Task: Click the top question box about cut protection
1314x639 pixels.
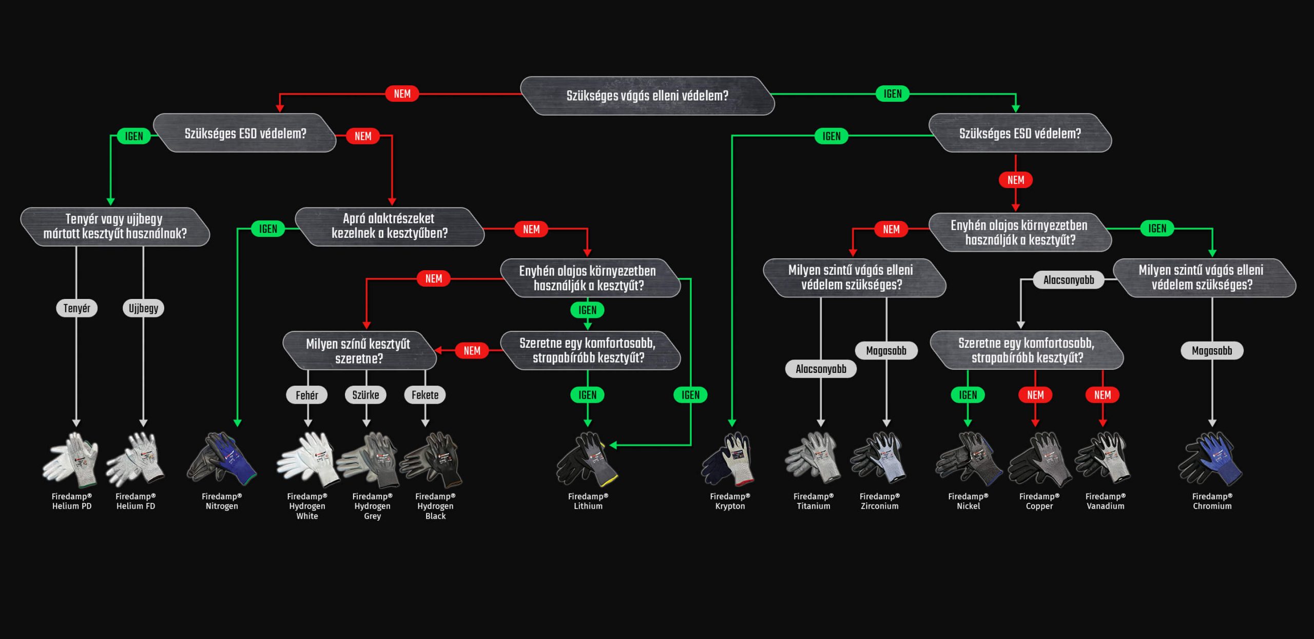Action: (647, 96)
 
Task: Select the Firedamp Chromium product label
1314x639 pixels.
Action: (1212, 501)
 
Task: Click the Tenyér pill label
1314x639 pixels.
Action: (76, 308)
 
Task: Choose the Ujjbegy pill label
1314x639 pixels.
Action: (143, 308)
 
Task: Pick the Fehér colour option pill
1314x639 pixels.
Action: (307, 395)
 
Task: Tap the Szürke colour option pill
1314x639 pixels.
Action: (365, 395)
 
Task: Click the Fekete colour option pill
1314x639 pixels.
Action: (425, 395)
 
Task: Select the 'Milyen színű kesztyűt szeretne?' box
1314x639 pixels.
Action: (358, 351)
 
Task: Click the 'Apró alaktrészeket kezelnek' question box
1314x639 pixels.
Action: (389, 226)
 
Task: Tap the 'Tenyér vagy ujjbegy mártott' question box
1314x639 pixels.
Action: (114, 227)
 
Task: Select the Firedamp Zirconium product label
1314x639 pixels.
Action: (879, 501)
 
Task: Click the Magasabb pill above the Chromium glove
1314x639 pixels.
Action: (1212, 351)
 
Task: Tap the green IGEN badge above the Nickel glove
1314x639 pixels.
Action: (968, 395)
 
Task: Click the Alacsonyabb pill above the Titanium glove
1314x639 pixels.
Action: (821, 369)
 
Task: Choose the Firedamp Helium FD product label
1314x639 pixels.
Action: (136, 501)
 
